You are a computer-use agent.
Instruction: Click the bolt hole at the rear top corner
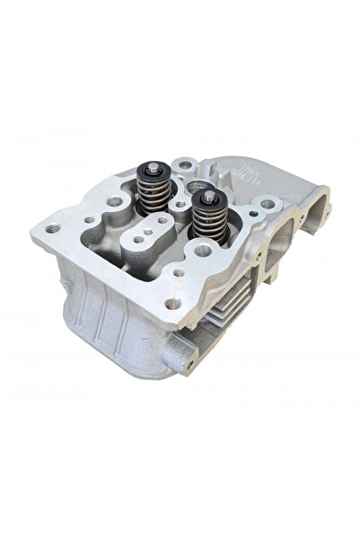click(x=186, y=165)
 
